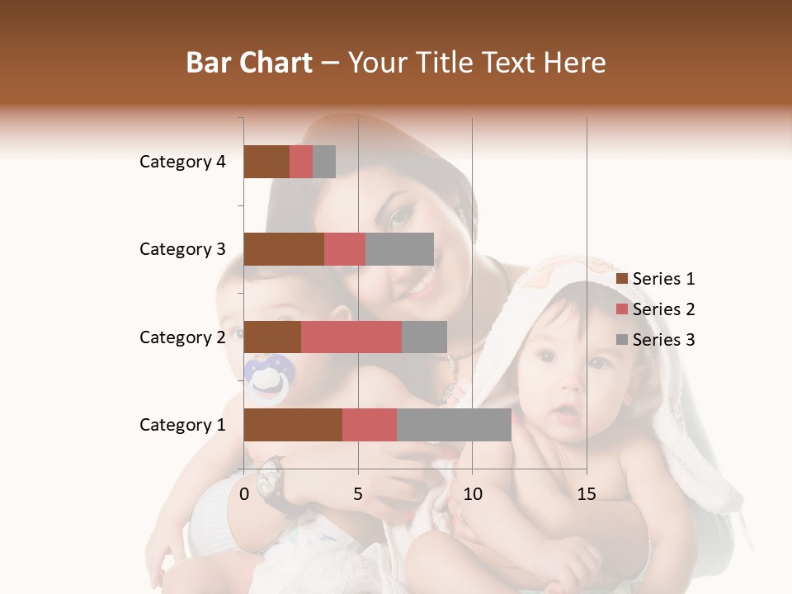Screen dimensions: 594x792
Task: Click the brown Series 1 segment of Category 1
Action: [292, 425]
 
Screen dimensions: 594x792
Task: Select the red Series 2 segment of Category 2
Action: [351, 337]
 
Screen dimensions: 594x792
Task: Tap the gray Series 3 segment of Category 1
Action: [454, 425]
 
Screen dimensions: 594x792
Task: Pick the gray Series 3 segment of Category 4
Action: [324, 162]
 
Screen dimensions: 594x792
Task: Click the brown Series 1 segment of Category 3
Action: [283, 249]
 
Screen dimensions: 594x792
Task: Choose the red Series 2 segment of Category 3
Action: [344, 249]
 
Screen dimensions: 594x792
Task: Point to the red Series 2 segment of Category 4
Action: [300, 162]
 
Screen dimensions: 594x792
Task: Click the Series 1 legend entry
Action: [656, 279]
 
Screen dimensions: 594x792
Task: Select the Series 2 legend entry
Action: [656, 309]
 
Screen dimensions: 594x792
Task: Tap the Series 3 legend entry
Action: [656, 340]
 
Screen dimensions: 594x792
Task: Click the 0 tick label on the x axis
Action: [244, 494]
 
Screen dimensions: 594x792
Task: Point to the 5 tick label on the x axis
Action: [358, 494]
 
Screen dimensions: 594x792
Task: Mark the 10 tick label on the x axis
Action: [472, 494]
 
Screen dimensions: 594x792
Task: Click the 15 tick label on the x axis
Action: [586, 494]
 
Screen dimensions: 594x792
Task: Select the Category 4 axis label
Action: [182, 162]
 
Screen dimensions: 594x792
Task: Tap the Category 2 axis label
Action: [182, 337]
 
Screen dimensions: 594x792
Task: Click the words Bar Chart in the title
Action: [249, 63]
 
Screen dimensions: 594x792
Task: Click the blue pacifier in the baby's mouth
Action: [270, 377]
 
